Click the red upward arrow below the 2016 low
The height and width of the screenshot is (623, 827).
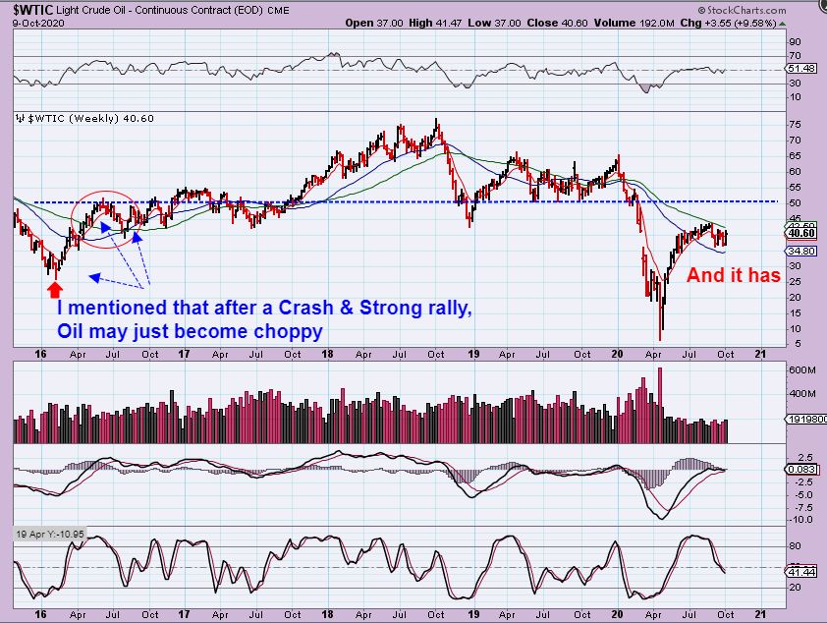[x=53, y=289]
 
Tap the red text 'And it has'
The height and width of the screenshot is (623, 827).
[x=733, y=276]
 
